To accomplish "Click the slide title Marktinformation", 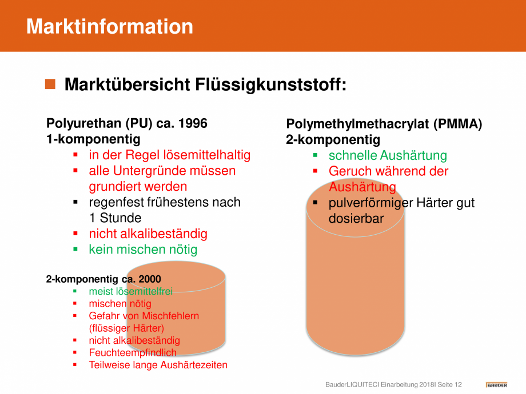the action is coord(110,26).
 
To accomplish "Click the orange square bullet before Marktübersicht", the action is coord(50,84).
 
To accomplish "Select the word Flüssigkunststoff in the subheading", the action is coord(270,85).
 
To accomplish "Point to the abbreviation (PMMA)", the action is coord(457,124).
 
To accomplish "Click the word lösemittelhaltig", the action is coord(207,155).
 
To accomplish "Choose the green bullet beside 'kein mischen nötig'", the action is coord(75,250).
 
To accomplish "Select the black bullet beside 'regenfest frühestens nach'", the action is coord(75,202).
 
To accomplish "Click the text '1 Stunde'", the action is coord(115,218).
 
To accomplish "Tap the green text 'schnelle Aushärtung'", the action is coord(388,155).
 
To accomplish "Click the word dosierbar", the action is coord(356,219).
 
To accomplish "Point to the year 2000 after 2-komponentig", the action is coord(150,279).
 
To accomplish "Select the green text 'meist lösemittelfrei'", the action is coord(131,291).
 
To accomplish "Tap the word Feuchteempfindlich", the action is coord(133,353).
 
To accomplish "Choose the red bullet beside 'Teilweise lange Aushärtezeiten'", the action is coord(75,364).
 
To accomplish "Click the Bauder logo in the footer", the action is coord(496,385).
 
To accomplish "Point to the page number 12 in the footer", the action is coord(458,385).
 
